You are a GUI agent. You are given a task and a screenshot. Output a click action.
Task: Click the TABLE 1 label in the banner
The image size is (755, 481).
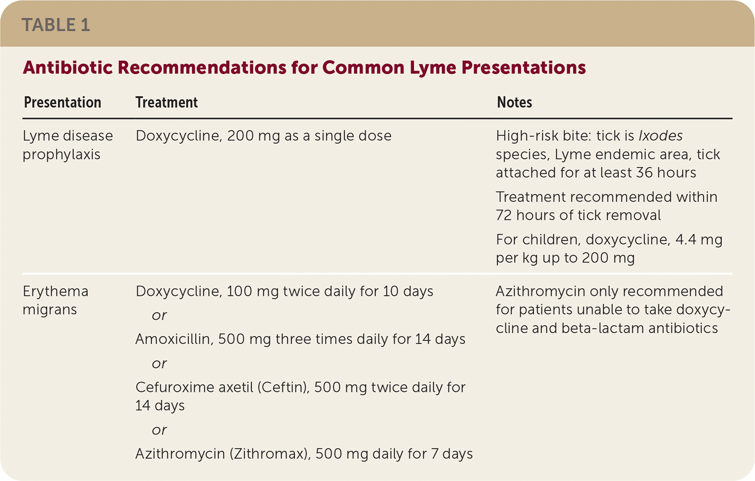tap(56, 25)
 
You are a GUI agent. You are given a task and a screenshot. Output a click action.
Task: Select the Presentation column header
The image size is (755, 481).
tap(63, 103)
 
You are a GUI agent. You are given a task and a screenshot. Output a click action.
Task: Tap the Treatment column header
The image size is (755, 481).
tap(166, 103)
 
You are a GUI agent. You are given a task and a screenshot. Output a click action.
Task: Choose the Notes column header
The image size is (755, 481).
tap(514, 103)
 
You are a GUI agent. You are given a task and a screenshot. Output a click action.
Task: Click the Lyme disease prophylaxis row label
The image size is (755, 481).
tap(68, 145)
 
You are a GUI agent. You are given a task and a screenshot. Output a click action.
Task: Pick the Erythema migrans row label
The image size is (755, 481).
tap(55, 300)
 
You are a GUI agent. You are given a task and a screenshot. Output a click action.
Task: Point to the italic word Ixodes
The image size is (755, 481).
tap(660, 136)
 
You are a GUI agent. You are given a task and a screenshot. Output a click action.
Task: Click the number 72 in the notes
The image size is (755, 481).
tap(504, 215)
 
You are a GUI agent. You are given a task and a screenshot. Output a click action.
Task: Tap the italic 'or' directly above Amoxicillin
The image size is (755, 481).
tap(159, 315)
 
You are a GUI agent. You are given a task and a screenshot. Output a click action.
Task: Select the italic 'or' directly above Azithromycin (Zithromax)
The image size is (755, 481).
tap(159, 430)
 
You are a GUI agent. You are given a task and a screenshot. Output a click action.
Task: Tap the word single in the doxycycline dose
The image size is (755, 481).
tap(339, 136)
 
